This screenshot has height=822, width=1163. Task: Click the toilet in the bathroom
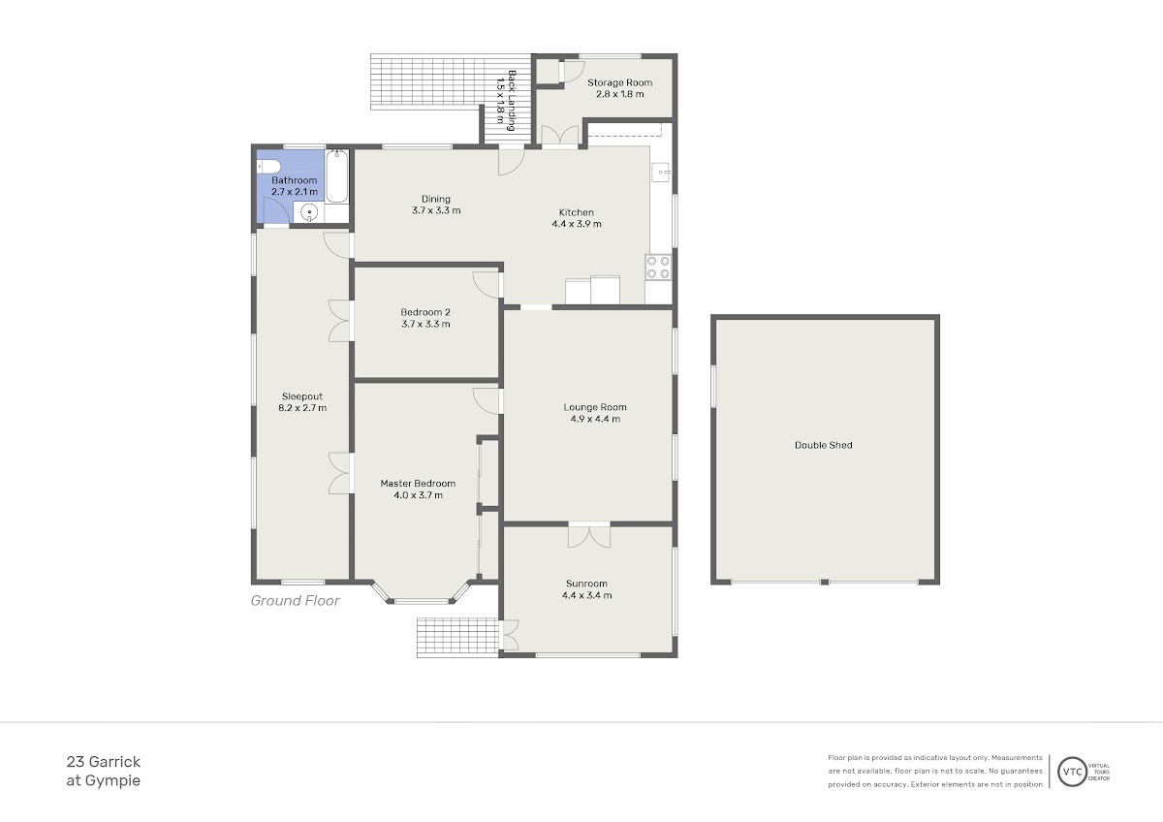(x=268, y=167)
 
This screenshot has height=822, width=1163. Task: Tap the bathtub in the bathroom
(x=336, y=175)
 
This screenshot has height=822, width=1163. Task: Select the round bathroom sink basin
(x=309, y=213)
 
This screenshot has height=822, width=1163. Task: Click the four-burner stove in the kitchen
(x=658, y=268)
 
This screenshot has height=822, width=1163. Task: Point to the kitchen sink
(x=661, y=172)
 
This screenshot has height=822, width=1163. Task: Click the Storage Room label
(x=619, y=82)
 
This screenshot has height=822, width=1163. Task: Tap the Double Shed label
(x=824, y=445)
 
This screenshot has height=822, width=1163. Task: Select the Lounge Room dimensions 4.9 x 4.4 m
(x=595, y=419)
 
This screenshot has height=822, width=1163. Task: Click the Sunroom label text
(x=586, y=584)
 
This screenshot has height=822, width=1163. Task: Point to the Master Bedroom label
(x=418, y=484)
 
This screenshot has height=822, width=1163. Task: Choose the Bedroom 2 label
(x=425, y=312)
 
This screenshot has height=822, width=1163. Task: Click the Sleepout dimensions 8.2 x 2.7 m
(x=302, y=408)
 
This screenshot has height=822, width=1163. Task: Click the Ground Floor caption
(x=295, y=601)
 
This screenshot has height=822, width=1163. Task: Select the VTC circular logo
(x=1072, y=772)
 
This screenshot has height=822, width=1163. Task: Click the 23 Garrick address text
(x=104, y=762)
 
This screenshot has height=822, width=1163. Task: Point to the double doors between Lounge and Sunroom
(x=589, y=535)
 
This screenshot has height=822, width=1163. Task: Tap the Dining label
(x=436, y=199)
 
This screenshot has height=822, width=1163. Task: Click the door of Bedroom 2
(x=487, y=285)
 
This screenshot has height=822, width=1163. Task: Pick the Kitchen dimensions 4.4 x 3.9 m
(x=577, y=224)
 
